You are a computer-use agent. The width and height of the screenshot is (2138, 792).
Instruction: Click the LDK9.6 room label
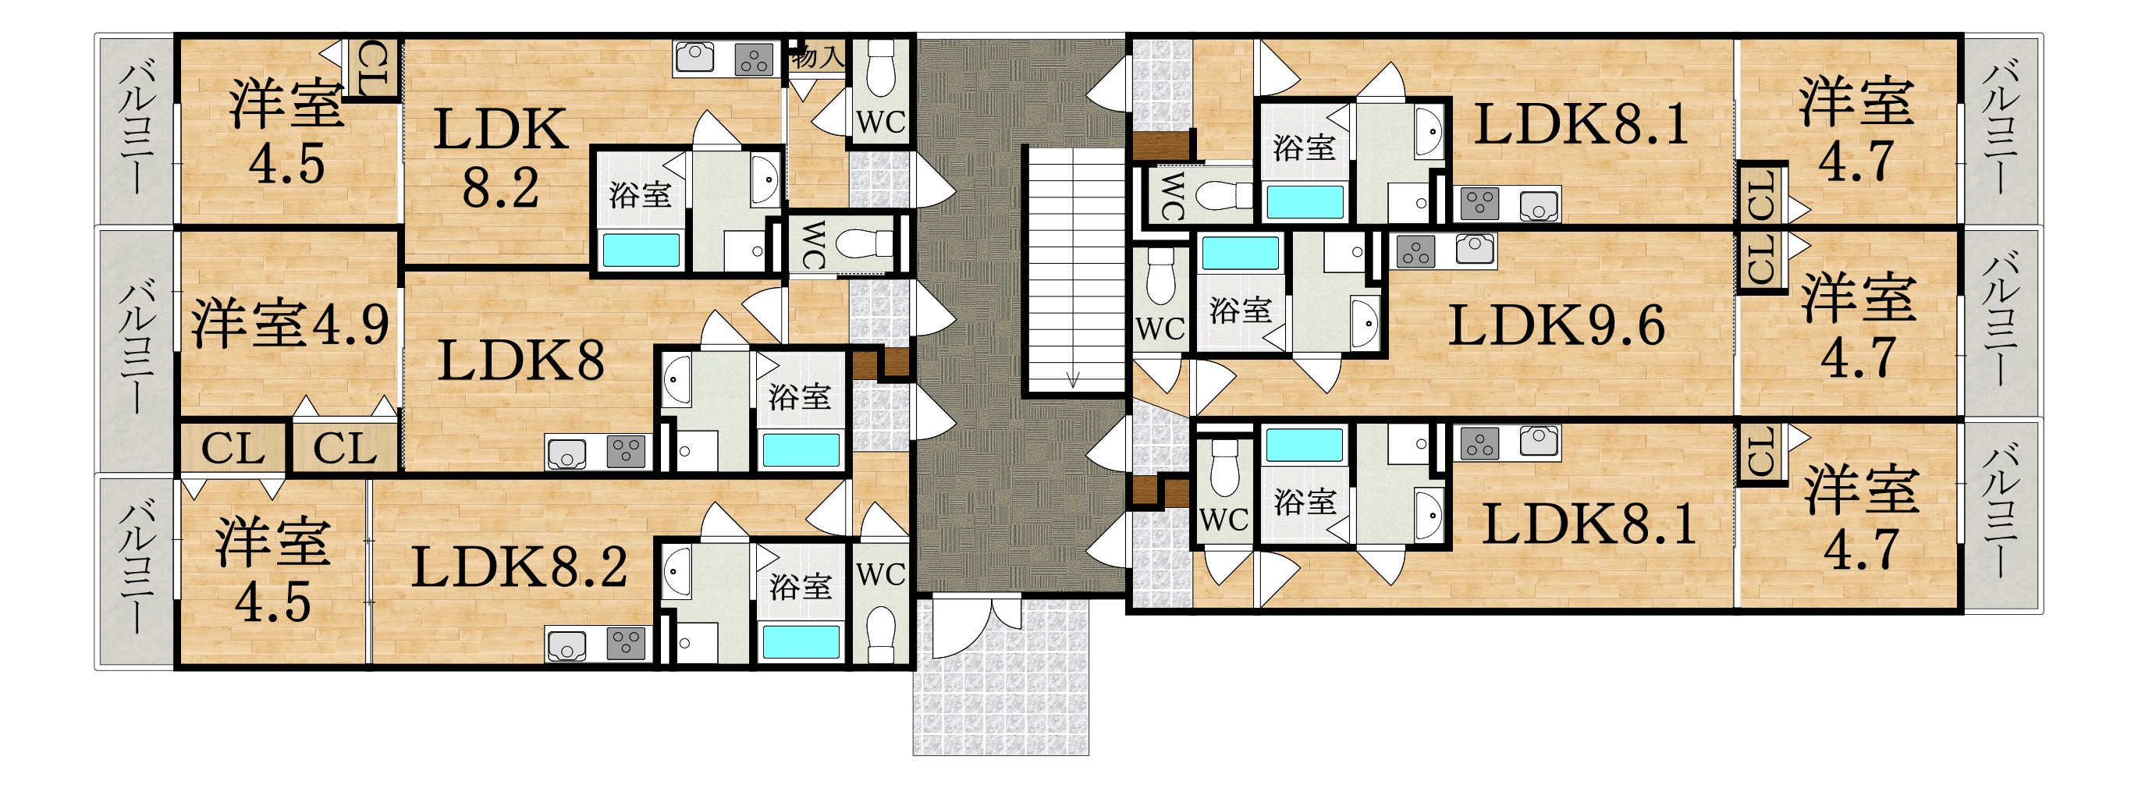pyautogui.click(x=1556, y=325)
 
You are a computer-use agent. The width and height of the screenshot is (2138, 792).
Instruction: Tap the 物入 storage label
pyautogui.click(x=819, y=57)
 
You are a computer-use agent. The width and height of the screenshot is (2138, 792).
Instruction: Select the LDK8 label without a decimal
pyautogui.click(x=521, y=361)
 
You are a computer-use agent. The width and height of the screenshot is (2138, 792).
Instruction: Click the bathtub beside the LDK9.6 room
pyautogui.click(x=1240, y=254)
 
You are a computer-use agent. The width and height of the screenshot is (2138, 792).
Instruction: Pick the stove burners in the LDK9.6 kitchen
pyautogui.click(x=1416, y=250)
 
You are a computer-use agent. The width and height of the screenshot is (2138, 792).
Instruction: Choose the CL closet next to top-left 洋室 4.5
pyautogui.click(x=373, y=69)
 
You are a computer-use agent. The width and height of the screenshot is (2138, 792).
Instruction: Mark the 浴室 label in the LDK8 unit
pyautogui.click(x=799, y=397)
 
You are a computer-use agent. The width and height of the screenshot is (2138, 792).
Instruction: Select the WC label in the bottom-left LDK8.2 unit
pyautogui.click(x=881, y=574)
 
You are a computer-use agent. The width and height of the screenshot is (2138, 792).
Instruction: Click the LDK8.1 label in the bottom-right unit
pyautogui.click(x=1589, y=524)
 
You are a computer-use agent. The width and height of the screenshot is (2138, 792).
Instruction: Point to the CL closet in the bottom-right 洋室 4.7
pyautogui.click(x=1761, y=453)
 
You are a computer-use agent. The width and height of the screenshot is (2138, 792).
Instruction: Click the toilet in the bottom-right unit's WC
pyautogui.click(x=1225, y=468)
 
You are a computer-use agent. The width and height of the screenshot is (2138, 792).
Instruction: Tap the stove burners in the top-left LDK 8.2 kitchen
pyautogui.click(x=755, y=59)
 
